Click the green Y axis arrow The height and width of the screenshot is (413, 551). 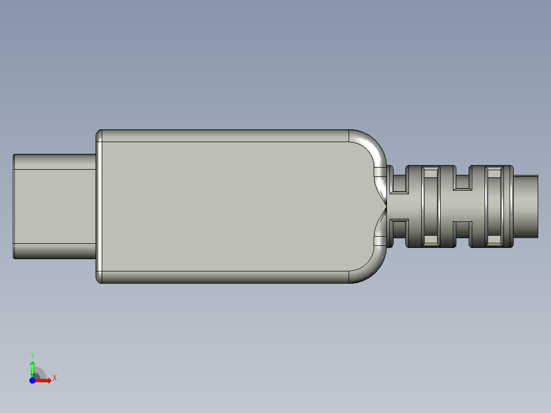32,367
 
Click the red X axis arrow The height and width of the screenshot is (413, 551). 44,381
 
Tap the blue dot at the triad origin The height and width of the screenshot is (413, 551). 32,381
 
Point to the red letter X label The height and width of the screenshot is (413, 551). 54,378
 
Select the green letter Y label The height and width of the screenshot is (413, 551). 32,355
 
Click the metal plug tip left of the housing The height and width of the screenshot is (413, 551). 54,206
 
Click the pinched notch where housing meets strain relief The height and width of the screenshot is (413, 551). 384,206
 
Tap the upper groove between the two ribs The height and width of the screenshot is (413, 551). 463,181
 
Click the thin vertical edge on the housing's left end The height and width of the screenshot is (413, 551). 100,206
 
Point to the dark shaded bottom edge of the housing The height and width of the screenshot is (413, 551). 225,277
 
